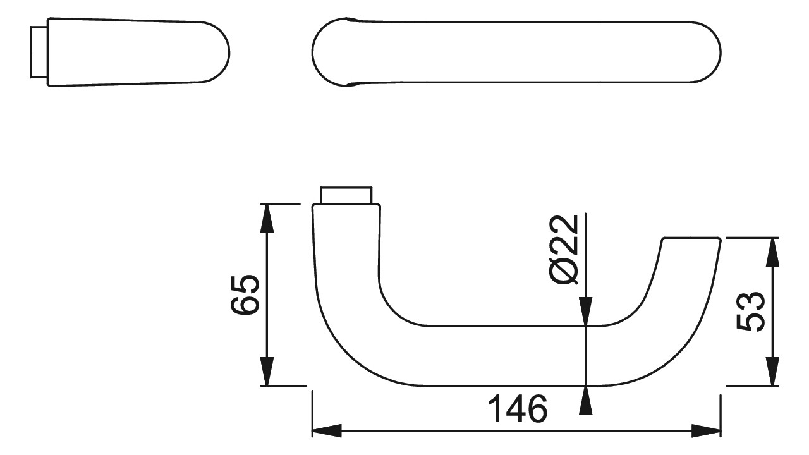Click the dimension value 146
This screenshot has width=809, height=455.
(x=517, y=409)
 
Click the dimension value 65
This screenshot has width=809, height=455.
(x=245, y=294)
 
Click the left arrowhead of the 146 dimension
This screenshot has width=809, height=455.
(x=327, y=431)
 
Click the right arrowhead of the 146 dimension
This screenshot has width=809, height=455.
(x=706, y=431)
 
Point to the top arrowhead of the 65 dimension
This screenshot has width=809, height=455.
(x=267, y=219)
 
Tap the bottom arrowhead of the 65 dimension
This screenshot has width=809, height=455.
(x=267, y=371)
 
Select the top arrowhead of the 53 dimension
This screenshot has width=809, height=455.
(x=772, y=252)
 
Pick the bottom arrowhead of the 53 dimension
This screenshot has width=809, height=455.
(x=772, y=371)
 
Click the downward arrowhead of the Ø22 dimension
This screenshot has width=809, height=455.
(x=585, y=312)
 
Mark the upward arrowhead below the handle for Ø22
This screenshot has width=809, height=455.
(x=585, y=400)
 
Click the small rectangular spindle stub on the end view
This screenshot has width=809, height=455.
(x=39, y=52)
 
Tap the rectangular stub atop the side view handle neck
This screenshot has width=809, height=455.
(x=346, y=196)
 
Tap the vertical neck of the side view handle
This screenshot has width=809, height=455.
(x=346, y=249)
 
